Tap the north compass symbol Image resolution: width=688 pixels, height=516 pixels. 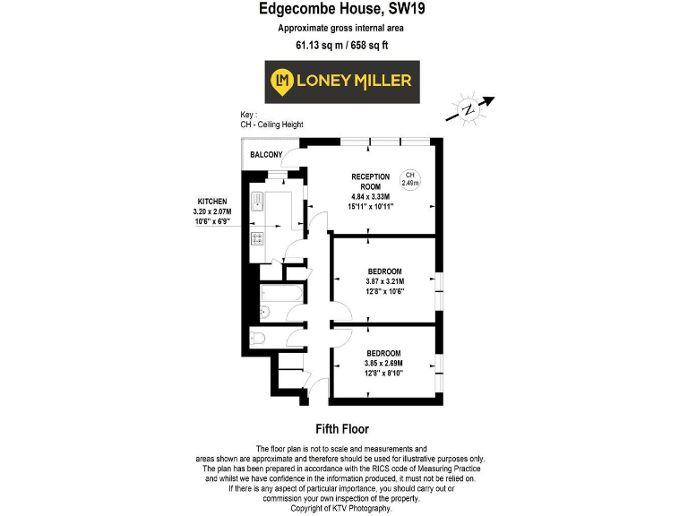click(x=469, y=109)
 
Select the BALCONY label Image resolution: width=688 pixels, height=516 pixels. click(x=266, y=155)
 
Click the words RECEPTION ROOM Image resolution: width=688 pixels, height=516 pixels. click(x=370, y=181)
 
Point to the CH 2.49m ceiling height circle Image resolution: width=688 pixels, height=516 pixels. click(x=409, y=178)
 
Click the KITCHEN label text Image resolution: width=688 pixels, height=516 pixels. click(x=212, y=202)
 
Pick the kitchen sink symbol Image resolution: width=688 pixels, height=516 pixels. click(x=256, y=202)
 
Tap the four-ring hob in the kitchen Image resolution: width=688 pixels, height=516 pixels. click(x=256, y=239)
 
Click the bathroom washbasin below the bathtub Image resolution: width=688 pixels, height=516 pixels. click(x=263, y=313)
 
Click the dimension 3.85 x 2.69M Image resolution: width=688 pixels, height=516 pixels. click(x=384, y=364)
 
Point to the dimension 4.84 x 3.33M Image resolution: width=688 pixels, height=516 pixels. click(x=371, y=197)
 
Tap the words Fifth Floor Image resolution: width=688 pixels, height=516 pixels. click(x=343, y=429)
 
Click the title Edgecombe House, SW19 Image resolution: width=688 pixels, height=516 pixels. click(x=343, y=11)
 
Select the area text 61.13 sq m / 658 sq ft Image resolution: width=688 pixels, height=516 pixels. click(x=343, y=45)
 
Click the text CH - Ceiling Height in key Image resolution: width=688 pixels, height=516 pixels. click(x=273, y=125)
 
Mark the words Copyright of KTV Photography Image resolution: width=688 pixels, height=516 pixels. click(x=343, y=509)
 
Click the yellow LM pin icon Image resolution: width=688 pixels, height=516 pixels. click(x=284, y=82)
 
